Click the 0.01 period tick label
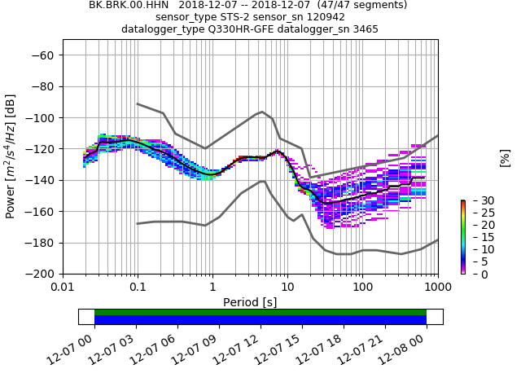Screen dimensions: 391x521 (x=63, y=287)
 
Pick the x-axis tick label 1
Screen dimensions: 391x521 (x=212, y=287)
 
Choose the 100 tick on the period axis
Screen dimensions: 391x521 (x=363, y=287)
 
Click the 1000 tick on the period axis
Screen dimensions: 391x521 (x=437, y=287)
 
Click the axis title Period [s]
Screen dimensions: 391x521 (x=250, y=302)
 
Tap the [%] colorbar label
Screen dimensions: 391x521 (x=505, y=158)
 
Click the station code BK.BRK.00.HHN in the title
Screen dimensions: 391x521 (x=129, y=5)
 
